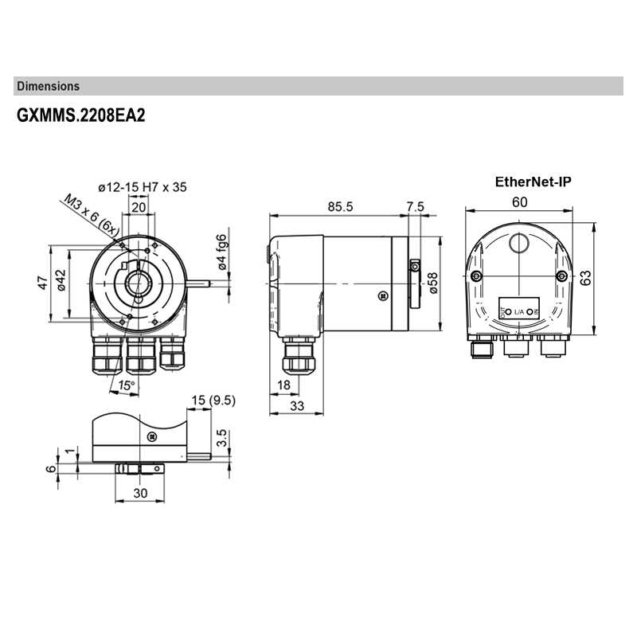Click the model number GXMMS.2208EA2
tap(80, 115)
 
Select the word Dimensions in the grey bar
tap(48, 86)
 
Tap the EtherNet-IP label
tap(533, 182)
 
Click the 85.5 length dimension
tap(340, 206)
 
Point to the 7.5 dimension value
tap(416, 206)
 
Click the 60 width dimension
tap(518, 202)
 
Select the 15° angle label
tap(125, 385)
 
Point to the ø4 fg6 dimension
tap(224, 252)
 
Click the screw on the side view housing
tap(383, 295)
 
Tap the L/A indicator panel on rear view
tap(518, 310)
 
